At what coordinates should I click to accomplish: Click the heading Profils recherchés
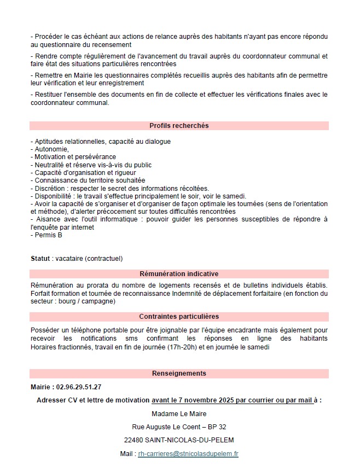(179, 126)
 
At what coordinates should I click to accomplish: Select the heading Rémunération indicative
(179, 274)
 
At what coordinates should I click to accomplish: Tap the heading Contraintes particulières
(179, 317)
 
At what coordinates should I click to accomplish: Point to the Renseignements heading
(179, 373)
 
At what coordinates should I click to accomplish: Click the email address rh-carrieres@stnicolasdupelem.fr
(188, 454)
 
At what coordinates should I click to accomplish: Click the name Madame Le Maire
(179, 413)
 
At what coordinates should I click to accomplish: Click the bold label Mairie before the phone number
(42, 387)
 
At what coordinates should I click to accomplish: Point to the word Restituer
(49, 94)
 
